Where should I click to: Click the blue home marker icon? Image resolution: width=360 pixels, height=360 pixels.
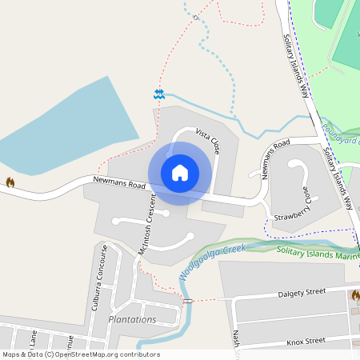[x=180, y=173]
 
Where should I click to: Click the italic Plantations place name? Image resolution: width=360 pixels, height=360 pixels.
[x=132, y=319]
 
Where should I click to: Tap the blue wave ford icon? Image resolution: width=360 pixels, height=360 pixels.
[x=159, y=94]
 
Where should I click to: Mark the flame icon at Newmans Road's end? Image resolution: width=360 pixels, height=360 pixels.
[x=10, y=182]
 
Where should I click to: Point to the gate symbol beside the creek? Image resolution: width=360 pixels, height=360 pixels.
[x=187, y=301]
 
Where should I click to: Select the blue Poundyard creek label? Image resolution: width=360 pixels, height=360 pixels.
[x=340, y=133]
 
